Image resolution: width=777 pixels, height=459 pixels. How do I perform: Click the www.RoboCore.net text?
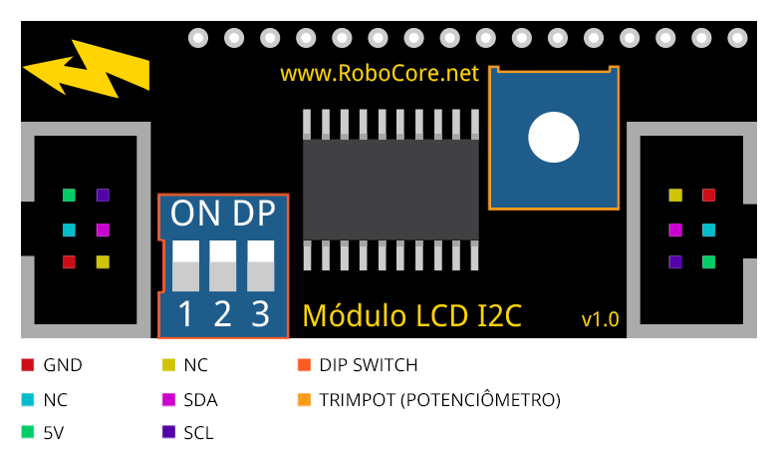pos(380,74)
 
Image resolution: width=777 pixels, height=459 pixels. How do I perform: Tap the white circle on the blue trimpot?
pos(554,137)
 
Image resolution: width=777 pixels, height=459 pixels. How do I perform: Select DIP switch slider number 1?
pos(186,266)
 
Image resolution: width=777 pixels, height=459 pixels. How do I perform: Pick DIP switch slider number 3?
pos(261,266)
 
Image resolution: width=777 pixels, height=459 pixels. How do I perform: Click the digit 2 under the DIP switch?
pos(222,314)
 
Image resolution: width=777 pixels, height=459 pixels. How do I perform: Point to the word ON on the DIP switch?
pos(195,214)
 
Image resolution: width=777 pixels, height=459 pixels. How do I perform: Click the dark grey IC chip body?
pos(390,190)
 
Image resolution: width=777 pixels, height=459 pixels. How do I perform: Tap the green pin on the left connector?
pos(70,195)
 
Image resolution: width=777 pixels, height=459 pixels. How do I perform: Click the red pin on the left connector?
pos(70,262)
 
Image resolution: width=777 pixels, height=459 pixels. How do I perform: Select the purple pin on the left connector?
pos(103,195)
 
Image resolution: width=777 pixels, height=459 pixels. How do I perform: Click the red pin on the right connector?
pos(708,195)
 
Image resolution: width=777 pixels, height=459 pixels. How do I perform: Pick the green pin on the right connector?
pos(708,262)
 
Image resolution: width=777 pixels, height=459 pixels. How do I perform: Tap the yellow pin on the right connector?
pos(675,195)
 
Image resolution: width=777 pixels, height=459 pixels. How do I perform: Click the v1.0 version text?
pos(600,319)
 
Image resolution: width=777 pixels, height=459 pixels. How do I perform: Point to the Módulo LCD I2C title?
pos(411,315)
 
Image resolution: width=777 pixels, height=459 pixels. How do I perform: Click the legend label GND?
pos(63,365)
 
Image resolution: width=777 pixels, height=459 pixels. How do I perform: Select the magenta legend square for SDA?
pos(168,399)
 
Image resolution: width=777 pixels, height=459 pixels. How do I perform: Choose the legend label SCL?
pos(198,433)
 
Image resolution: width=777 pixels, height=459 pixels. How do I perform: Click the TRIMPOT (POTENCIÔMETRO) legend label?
pos(440,399)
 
